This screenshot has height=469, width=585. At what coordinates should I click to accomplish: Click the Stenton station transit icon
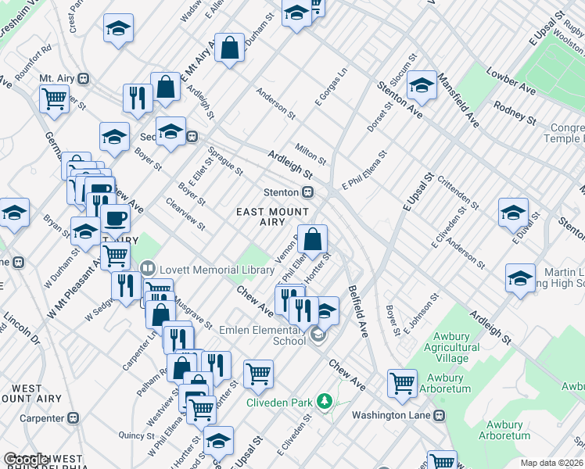coord(309,192)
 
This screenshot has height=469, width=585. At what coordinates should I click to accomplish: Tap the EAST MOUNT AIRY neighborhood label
coord(272,217)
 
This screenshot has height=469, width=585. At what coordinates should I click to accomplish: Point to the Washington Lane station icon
coord(440,415)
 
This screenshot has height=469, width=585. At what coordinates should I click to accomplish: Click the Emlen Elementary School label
coord(263,335)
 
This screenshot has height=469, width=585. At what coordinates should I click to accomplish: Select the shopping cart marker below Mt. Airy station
coord(54,99)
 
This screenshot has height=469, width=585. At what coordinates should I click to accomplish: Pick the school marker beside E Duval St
coord(513,213)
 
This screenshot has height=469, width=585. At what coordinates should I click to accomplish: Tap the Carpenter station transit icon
coord(74,418)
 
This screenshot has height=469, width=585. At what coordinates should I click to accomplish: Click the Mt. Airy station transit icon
coord(83,79)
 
